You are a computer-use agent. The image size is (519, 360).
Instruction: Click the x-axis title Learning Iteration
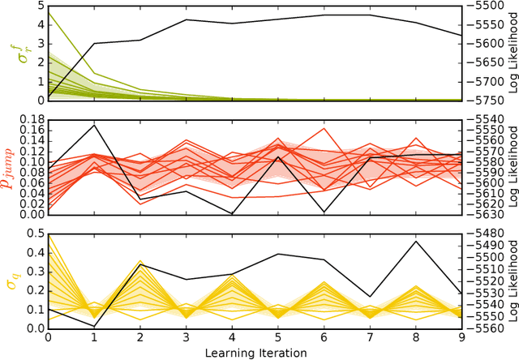[255, 353]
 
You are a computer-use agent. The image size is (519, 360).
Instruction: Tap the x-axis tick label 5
[278, 337]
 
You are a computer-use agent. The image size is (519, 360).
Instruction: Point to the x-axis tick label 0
[48, 337]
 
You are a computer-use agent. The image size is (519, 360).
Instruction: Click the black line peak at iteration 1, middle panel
[94, 125]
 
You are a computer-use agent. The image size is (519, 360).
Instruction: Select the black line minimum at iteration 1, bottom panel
[94, 326]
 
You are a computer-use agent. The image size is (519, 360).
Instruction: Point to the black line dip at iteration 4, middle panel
[233, 213]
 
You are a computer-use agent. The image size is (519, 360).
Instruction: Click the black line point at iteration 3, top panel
[187, 19]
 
